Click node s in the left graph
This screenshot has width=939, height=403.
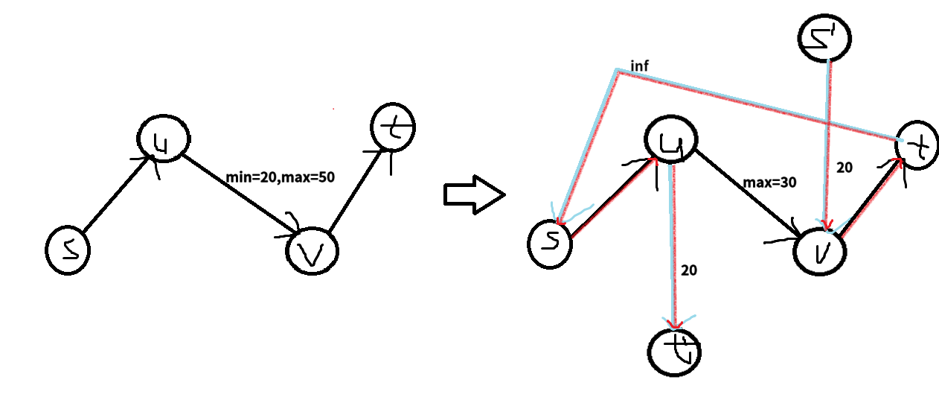click(67, 251)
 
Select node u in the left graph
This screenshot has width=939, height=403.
click(164, 138)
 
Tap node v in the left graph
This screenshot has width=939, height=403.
click(312, 252)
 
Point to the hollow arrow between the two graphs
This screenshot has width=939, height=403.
click(474, 194)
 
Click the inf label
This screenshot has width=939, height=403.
click(640, 66)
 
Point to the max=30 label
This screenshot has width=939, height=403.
click(769, 182)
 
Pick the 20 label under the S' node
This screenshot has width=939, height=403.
click(844, 168)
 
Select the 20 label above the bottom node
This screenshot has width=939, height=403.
click(689, 270)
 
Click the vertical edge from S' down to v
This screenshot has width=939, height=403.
click(825, 134)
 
